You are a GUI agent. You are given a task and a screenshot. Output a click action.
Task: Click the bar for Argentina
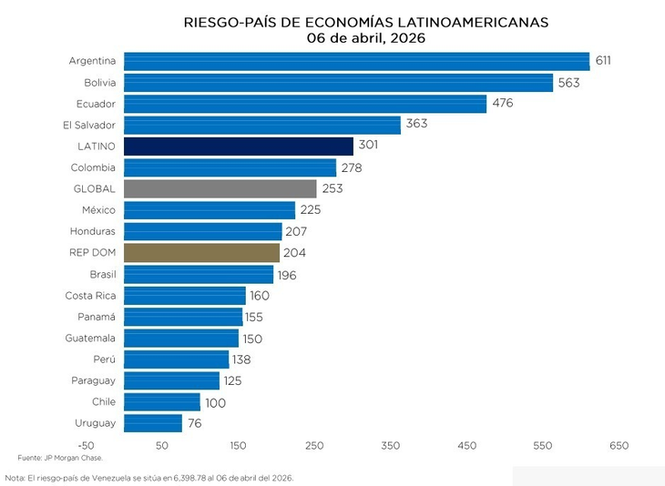pyautogui.click(x=356, y=61)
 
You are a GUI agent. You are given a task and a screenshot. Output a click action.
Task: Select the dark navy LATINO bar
pyautogui.click(x=238, y=146)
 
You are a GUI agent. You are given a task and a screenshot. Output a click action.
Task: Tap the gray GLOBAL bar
pyautogui.click(x=220, y=188)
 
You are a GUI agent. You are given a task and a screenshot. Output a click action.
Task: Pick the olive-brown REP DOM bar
pyautogui.click(x=201, y=252)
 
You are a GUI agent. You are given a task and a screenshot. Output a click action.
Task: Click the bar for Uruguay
pyautogui.click(x=152, y=423)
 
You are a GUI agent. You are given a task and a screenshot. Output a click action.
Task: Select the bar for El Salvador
pyautogui.click(x=261, y=125)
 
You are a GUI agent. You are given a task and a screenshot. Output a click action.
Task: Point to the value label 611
pyautogui.click(x=603, y=61)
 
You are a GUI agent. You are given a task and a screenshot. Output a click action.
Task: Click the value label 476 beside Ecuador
pyautogui.click(x=502, y=103)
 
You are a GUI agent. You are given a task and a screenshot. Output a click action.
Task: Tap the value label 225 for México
pyautogui.click(x=311, y=210)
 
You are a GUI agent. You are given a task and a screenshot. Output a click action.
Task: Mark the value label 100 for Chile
pyautogui.click(x=215, y=402)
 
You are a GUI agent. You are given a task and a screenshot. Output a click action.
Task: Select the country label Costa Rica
pyautogui.click(x=90, y=296)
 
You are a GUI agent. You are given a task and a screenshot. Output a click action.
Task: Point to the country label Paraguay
pyautogui.click(x=93, y=380)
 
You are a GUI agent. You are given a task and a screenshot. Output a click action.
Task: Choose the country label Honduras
pyautogui.click(x=93, y=231)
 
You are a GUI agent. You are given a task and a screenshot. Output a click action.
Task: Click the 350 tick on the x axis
pyautogui.click(x=391, y=446)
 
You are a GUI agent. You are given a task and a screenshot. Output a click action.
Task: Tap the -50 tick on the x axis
pyautogui.click(x=86, y=446)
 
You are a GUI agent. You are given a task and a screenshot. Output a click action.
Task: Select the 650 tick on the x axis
pyautogui.click(x=619, y=446)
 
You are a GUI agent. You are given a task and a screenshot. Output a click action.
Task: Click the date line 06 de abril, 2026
pyautogui.click(x=365, y=38)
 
